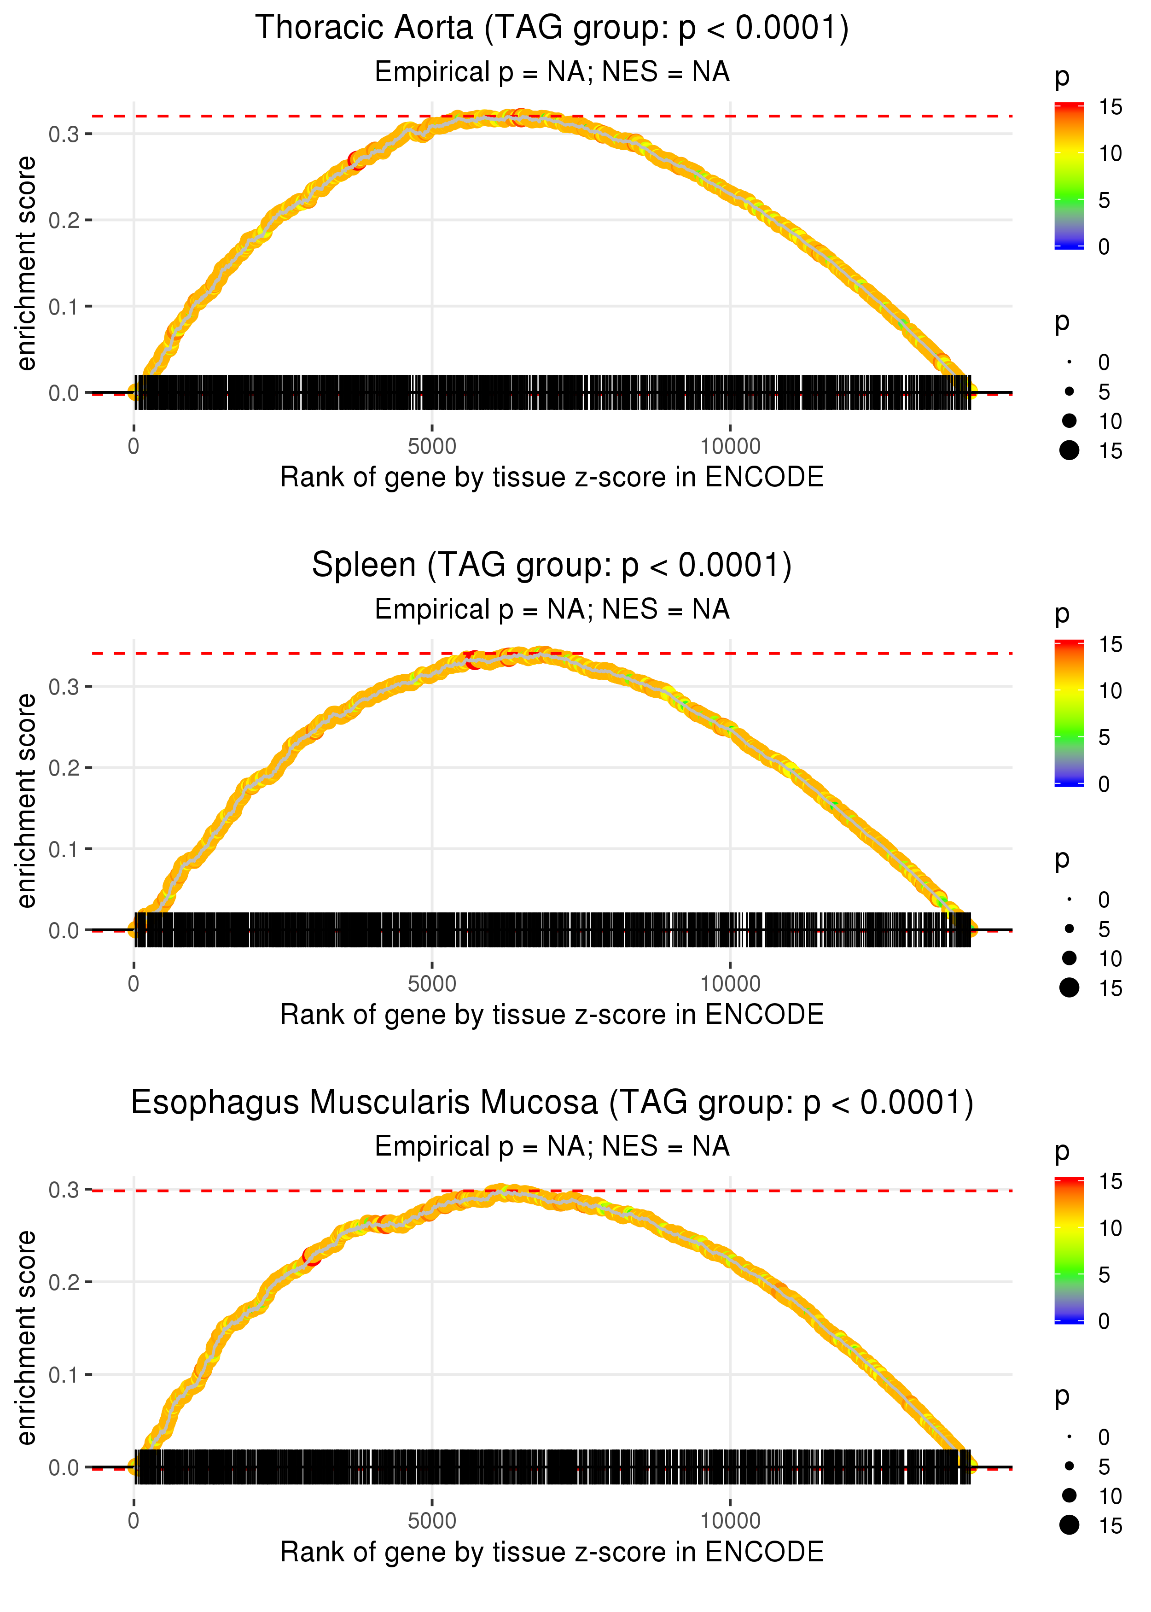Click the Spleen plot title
click(x=552, y=566)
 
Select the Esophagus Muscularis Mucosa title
click(x=552, y=1102)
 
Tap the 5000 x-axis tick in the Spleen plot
click(x=432, y=984)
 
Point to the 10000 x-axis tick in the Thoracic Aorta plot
click(x=730, y=447)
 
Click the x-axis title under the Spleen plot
click(x=552, y=1015)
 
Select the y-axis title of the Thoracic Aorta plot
click(x=26, y=263)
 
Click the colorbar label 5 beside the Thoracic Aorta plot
click(x=1104, y=201)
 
